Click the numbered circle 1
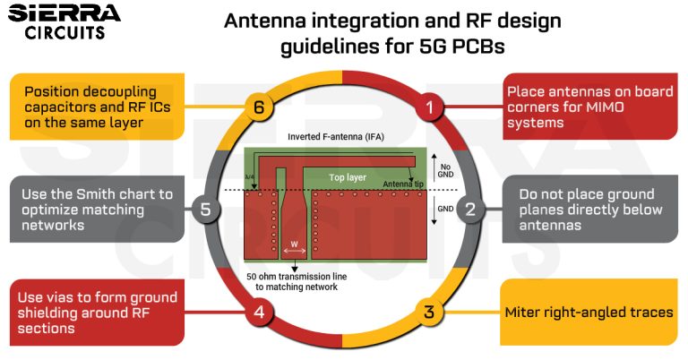431,108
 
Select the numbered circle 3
429,313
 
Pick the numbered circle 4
258,313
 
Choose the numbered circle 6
258,108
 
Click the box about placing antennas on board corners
587,107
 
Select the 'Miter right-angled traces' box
589,313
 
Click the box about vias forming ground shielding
98,313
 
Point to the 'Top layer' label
346,177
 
